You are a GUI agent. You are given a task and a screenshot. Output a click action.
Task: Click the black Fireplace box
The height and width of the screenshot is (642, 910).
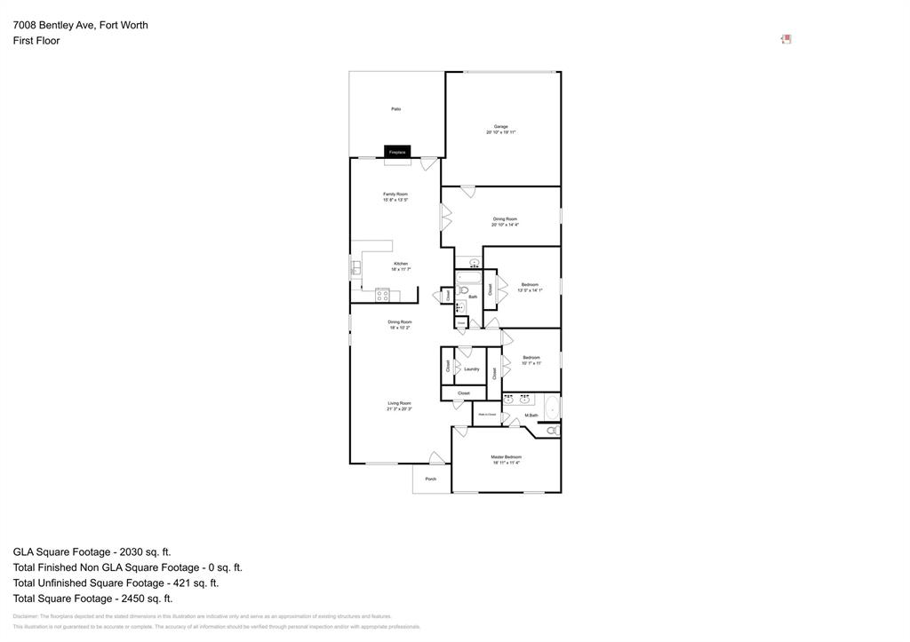pos(397,152)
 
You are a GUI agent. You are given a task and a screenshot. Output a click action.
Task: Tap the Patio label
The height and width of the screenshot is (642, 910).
pos(396,109)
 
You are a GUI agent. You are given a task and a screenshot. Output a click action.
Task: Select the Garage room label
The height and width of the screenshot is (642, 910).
pos(501,127)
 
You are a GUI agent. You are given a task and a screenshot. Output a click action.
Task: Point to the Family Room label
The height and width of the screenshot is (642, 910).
pos(395,194)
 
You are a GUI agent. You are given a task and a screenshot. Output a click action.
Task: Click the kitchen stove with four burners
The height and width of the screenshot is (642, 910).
pos(382,294)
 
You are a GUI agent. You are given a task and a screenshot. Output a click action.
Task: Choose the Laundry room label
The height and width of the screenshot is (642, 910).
pos(472,369)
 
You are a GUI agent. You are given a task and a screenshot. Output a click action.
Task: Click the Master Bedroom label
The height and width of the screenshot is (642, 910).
pos(507,457)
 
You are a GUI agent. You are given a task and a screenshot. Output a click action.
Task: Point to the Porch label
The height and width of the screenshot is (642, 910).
pos(431,480)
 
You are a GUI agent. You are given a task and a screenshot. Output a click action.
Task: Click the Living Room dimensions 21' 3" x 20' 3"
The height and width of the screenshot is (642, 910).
pos(399,409)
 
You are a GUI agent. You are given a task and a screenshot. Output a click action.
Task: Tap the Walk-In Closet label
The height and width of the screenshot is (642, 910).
pos(487,414)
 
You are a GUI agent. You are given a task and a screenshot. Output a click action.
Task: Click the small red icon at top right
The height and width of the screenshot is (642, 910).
pos(786,39)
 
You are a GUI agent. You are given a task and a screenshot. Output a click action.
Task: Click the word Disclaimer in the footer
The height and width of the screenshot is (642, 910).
pos(26,615)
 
